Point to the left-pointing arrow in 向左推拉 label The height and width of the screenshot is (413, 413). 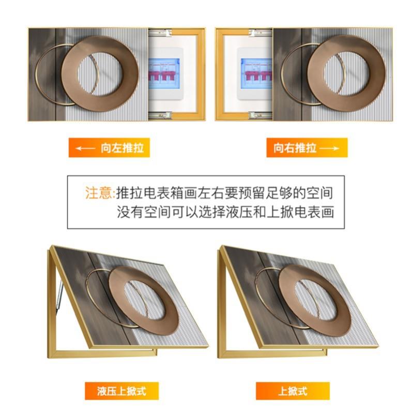click(86, 148)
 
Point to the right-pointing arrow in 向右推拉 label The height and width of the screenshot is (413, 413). click(329, 148)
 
